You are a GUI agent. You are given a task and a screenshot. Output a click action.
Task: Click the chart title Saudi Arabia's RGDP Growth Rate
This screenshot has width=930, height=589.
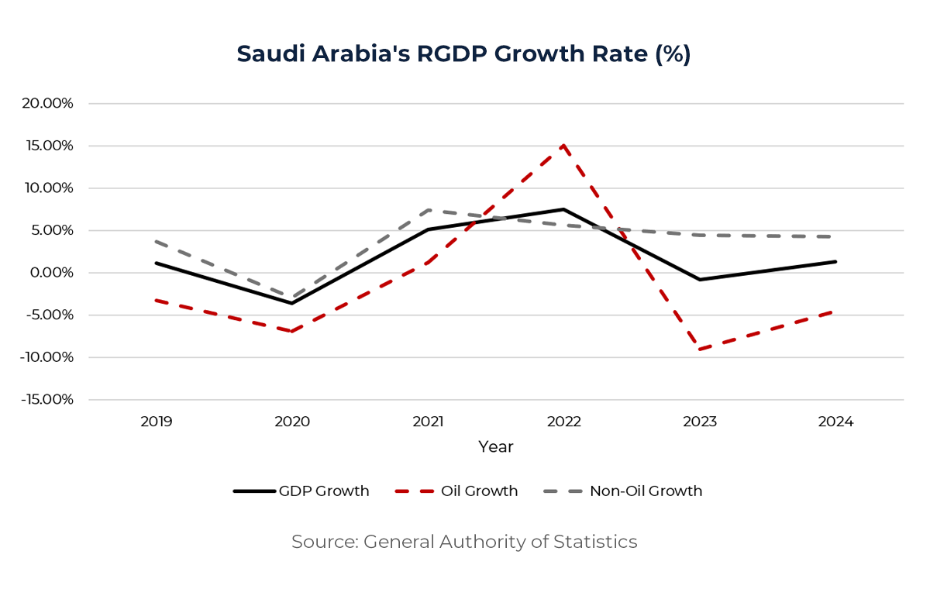pos(463,54)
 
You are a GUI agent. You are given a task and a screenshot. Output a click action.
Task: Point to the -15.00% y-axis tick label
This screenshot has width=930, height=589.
pos(46,400)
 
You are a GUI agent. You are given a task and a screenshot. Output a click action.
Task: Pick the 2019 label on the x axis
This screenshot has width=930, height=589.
pos(157,422)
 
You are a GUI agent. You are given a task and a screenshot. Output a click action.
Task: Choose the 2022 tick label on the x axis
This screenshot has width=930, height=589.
pos(563,422)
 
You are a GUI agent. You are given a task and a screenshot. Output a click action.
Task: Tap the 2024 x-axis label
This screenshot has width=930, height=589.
pos(835,422)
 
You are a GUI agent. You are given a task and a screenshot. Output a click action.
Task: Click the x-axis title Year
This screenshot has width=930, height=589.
pos(495,447)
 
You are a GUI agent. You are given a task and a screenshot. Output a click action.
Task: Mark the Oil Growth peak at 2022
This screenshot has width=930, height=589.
pos(563,145)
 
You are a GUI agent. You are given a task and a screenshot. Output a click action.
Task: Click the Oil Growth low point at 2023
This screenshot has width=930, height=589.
pos(700,350)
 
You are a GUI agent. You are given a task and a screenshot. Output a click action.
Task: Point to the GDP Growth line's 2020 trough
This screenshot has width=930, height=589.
pos(292,303)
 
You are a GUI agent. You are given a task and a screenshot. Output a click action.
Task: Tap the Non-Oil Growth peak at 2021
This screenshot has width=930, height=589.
pos(428,210)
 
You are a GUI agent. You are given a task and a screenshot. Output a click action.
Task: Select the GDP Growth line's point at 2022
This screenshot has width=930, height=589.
pos(563,209)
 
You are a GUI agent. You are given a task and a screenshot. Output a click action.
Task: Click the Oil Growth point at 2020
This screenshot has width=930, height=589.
pos(292,331)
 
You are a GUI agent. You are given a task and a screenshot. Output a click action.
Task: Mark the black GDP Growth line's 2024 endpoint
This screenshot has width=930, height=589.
pos(835,262)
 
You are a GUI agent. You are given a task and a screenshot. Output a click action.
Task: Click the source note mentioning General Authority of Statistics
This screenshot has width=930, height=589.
pos(464,542)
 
